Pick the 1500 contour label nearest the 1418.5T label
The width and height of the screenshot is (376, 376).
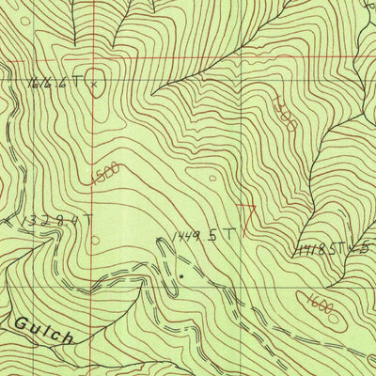(286, 112)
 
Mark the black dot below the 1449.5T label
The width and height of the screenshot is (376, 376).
(180, 275)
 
